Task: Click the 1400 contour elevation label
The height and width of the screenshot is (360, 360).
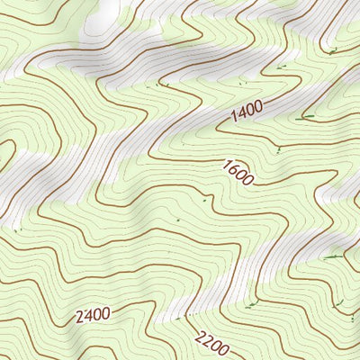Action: point(246,111)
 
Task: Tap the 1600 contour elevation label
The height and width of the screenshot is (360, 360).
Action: point(237,172)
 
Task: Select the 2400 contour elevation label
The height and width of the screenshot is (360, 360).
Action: point(93,315)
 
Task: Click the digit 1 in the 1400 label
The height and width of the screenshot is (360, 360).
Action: point(234,116)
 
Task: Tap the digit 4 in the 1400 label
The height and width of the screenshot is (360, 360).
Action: point(241,112)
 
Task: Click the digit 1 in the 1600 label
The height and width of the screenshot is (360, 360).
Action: point(225,164)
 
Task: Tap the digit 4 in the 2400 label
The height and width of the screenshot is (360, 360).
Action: point(88,315)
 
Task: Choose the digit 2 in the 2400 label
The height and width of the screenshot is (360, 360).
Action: point(80,316)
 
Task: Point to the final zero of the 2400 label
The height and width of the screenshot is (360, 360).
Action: point(105,314)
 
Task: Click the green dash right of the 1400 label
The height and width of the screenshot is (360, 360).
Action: point(308,116)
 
